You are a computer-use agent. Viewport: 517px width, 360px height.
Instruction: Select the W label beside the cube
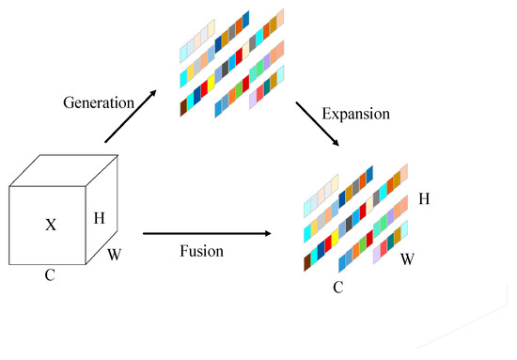pyautogui.click(x=115, y=254)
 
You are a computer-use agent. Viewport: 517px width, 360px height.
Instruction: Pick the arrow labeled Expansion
pyautogui.click(x=319, y=123)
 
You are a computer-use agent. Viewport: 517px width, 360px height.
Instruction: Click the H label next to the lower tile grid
pyautogui.click(x=424, y=199)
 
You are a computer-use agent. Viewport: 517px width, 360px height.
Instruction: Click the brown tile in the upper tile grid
pyautogui.click(x=185, y=108)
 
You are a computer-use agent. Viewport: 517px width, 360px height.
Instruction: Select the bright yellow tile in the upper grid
pyautogui.click(x=191, y=72)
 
